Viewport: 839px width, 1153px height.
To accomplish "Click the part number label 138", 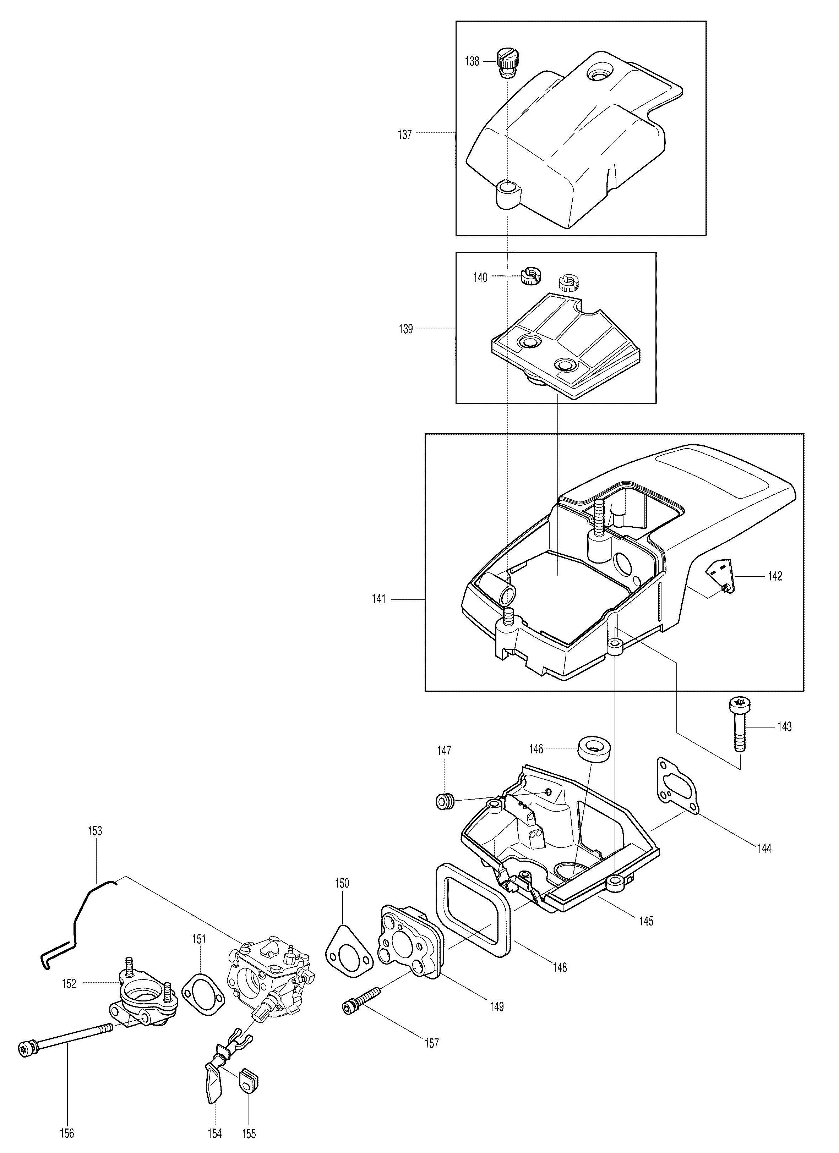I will (472, 61).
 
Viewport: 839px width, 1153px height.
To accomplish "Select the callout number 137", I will (405, 135).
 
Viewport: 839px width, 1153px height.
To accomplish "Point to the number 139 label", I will (406, 329).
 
